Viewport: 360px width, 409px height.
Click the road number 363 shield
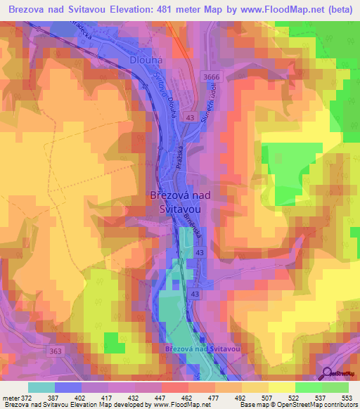[x=56, y=349]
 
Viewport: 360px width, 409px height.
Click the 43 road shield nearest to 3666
[x=191, y=118]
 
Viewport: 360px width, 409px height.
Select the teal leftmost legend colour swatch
[x=41, y=387]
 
